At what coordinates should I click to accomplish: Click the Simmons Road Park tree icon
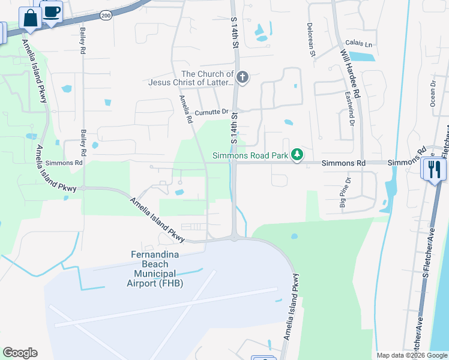tap(297, 155)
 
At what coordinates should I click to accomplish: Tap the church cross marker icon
tap(243, 77)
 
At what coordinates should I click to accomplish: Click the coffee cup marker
tap(52, 11)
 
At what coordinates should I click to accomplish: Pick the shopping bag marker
tap(30, 19)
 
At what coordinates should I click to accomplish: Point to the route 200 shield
tap(106, 14)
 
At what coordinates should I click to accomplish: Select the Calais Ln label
tap(359, 44)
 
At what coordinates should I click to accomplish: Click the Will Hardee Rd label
tap(349, 74)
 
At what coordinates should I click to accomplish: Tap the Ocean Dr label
tap(432, 94)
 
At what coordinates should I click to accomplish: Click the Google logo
tap(20, 353)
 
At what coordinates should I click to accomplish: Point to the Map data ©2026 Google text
tap(412, 355)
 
